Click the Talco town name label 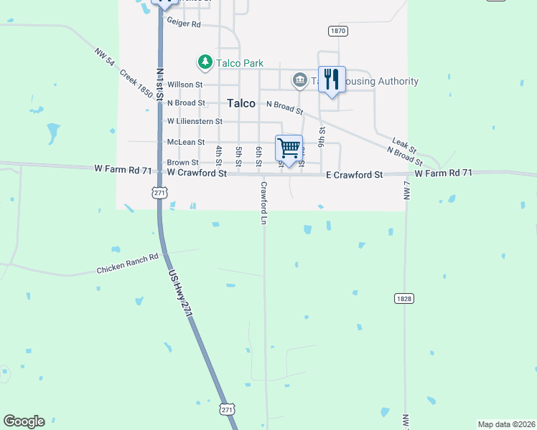tap(241, 103)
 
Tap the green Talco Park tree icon tap(205, 62)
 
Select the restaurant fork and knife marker tap(332, 79)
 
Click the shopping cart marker tap(289, 149)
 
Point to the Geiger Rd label tap(184, 24)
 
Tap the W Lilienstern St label tap(195, 122)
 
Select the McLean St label tap(186, 143)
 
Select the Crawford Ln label tap(263, 203)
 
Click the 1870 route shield tap(338, 31)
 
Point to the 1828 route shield tap(403, 297)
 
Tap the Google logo tap(24, 421)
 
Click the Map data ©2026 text tap(505, 424)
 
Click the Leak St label tap(404, 143)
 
